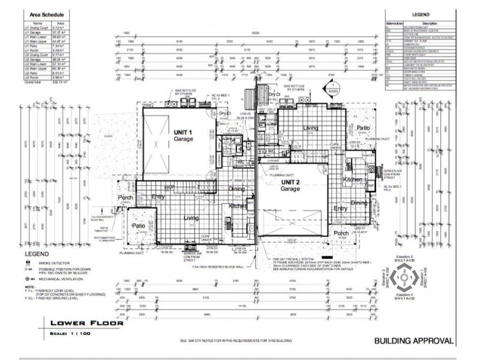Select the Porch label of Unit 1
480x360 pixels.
coord(126,198)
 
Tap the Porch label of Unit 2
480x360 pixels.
coord(341,233)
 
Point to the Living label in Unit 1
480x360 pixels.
coord(191,218)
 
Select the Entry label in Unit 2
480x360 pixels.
coord(340,208)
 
